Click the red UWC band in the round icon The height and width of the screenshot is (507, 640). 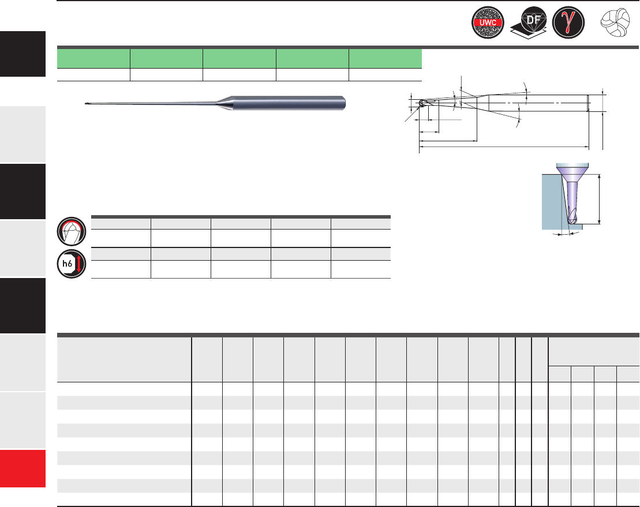pyautogui.click(x=488, y=23)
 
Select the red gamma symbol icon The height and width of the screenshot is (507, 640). pyautogui.click(x=568, y=22)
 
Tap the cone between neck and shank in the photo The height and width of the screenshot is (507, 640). pyautogui.click(x=223, y=103)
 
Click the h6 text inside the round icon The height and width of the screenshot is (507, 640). pyautogui.click(x=67, y=264)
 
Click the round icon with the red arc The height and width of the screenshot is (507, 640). pyautogui.click(x=72, y=232)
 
